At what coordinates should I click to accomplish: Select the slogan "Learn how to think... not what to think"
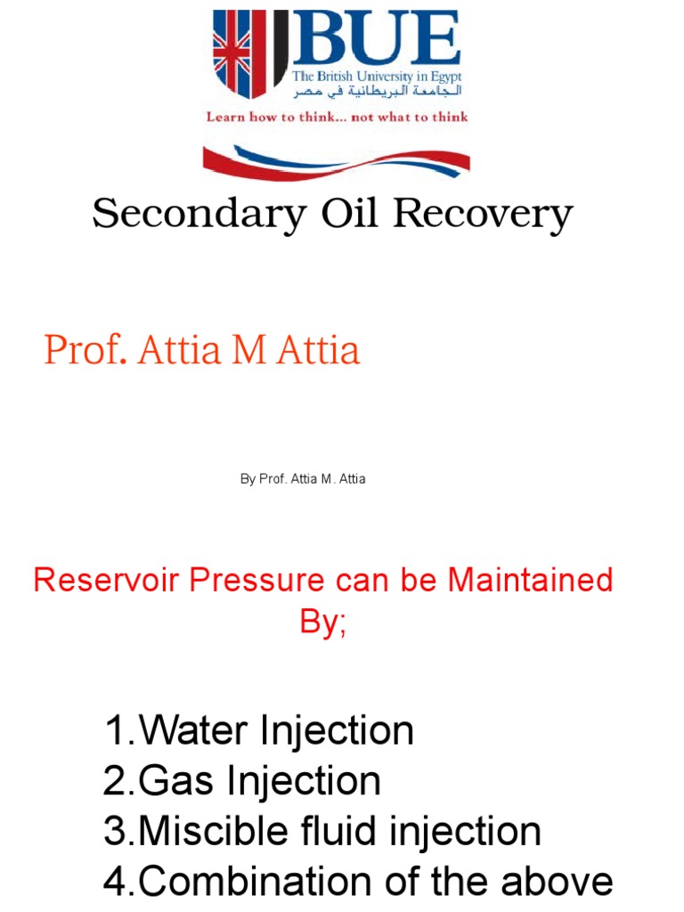[x=337, y=117]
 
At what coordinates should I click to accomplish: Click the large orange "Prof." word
[x=86, y=350]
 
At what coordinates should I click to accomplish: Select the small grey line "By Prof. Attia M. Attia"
[x=303, y=479]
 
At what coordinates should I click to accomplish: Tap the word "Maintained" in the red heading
[x=530, y=581]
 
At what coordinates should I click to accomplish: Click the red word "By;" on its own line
[x=322, y=622]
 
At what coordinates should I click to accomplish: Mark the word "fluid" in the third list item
[x=337, y=832]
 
